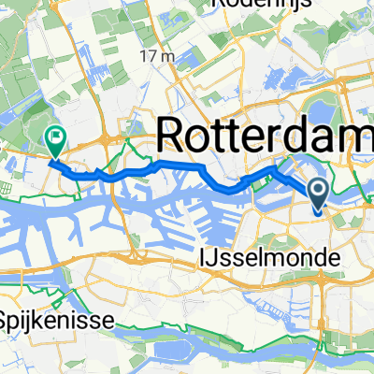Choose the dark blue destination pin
pyautogui.click(x=318, y=194)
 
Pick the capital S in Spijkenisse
pyautogui.click(x=7, y=320)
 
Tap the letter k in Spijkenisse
pyautogui.click(x=42, y=320)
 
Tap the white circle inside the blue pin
pyautogui.click(x=318, y=192)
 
